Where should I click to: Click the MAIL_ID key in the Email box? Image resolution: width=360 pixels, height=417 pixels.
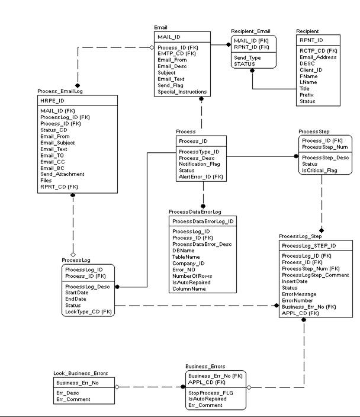tap(169, 37)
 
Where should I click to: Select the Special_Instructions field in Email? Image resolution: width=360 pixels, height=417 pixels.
tap(182, 92)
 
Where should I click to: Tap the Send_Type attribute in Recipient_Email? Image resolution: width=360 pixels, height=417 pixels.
tap(247, 57)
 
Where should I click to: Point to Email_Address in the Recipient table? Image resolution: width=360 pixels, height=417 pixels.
tap(319, 57)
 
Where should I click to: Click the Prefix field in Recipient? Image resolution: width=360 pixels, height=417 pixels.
tap(307, 95)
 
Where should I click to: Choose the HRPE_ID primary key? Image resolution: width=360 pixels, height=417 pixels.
tap(52, 101)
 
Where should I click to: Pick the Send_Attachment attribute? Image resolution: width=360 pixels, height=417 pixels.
tap(62, 174)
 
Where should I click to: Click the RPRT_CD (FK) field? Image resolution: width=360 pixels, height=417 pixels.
tap(59, 187)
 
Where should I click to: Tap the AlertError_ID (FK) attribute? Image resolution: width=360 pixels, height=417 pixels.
tap(201, 177)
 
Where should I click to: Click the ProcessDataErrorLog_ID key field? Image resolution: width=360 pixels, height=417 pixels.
tap(203, 221)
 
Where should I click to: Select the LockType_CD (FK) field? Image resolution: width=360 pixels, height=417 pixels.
tap(88, 312)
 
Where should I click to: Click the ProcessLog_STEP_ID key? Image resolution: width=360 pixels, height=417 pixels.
tap(308, 245)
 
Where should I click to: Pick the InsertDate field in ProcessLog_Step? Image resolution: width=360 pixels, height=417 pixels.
tap(295, 281)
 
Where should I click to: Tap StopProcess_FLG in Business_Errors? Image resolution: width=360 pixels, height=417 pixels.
tap(210, 392)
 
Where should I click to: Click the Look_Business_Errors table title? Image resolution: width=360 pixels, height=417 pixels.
tap(81, 373)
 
